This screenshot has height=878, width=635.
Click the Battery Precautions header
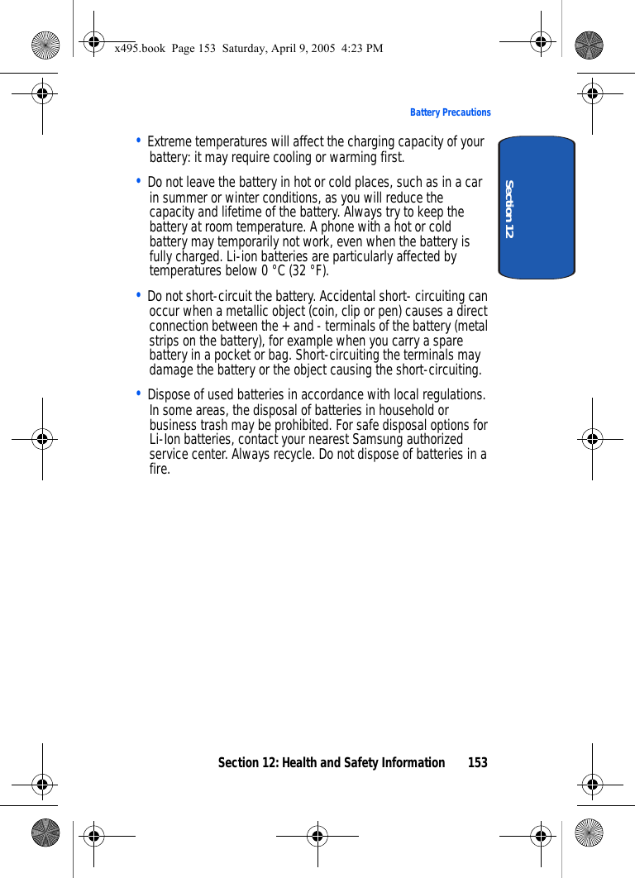pyautogui.click(x=450, y=112)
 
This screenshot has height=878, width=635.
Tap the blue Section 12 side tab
pyautogui.click(x=537, y=208)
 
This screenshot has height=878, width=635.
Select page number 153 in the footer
pyautogui.click(x=477, y=762)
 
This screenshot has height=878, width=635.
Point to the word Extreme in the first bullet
pyautogui.click(x=169, y=142)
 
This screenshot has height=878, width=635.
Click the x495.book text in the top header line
pyautogui.click(x=137, y=49)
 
